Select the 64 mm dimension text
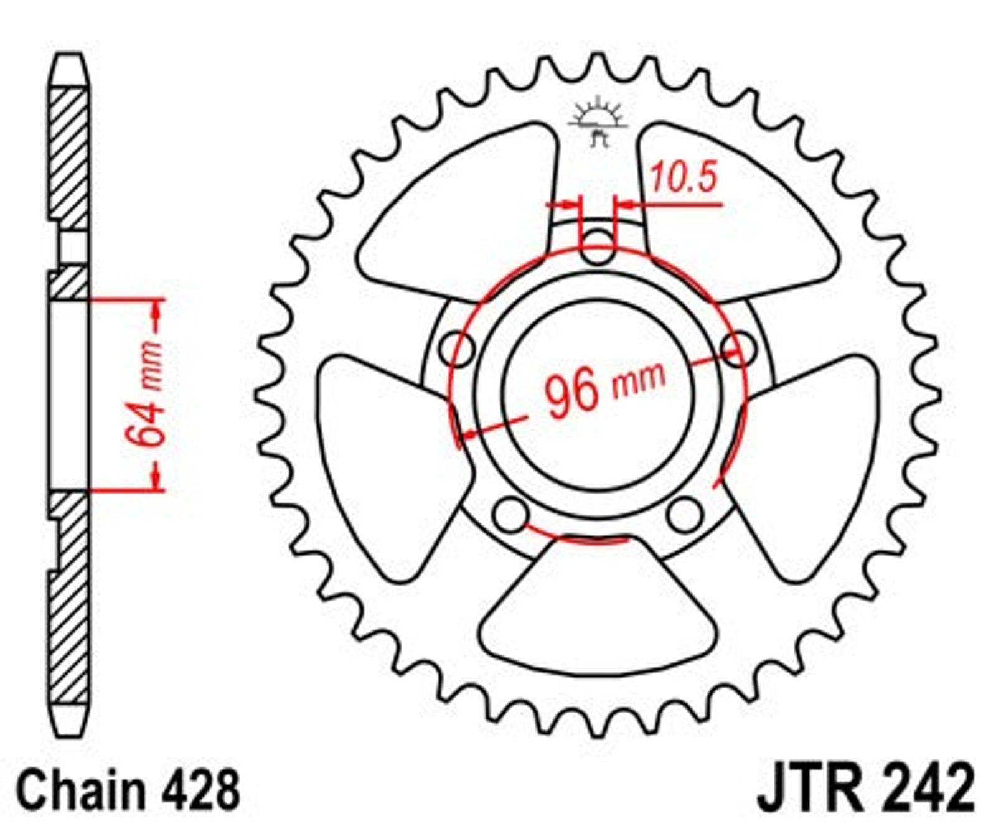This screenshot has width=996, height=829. click(145, 395)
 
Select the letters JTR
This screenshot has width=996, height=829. click(809, 789)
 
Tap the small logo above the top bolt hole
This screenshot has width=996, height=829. click(598, 121)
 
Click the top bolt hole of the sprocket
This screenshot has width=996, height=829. click(598, 246)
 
